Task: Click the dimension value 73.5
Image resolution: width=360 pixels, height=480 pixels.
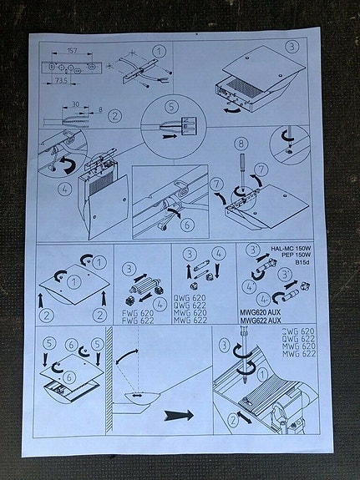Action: [x=61, y=82]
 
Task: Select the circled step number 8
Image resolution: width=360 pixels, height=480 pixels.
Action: [x=241, y=144]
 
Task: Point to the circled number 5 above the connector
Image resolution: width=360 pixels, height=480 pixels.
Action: [x=172, y=107]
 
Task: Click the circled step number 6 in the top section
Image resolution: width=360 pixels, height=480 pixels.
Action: [x=187, y=224]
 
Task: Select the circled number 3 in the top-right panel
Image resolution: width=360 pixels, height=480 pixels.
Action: [x=292, y=48]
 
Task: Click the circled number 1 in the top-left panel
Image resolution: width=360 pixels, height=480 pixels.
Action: [x=159, y=51]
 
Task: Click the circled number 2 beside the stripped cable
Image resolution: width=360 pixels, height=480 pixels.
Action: [x=114, y=117]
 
